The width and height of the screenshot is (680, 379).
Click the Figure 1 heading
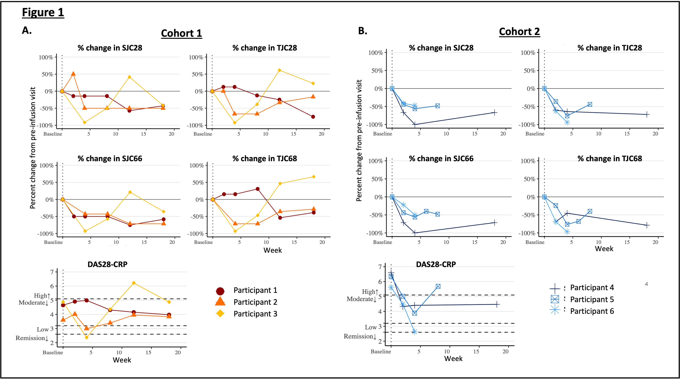43,12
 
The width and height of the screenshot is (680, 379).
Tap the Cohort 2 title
519,32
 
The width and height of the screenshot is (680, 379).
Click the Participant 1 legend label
255,290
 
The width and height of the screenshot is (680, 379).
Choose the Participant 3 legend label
255,314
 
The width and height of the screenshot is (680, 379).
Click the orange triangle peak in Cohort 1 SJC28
73,74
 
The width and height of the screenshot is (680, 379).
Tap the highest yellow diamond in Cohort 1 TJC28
279,70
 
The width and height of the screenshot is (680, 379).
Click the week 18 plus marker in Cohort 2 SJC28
494,113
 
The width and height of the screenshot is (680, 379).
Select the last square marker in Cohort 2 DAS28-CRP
438,286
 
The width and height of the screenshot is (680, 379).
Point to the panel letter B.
362,31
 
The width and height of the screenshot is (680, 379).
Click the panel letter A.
27,30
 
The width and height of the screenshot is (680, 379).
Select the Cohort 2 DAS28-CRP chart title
436,264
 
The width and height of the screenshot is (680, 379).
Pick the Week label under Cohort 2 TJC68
604,249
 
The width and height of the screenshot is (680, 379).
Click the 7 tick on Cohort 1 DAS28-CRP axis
52,272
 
